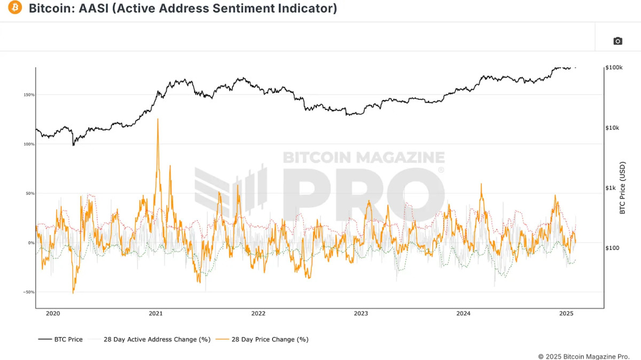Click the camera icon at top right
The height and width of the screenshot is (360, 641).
617,41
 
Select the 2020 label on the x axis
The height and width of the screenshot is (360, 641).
53,314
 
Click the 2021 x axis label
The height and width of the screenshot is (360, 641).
155,314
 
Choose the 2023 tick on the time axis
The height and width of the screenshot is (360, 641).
361,314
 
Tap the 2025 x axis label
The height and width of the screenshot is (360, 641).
566,314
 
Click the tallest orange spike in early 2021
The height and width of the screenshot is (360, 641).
158,120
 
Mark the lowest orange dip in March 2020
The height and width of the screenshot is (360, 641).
73,292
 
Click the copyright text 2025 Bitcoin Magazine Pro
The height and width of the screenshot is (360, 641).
583,356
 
